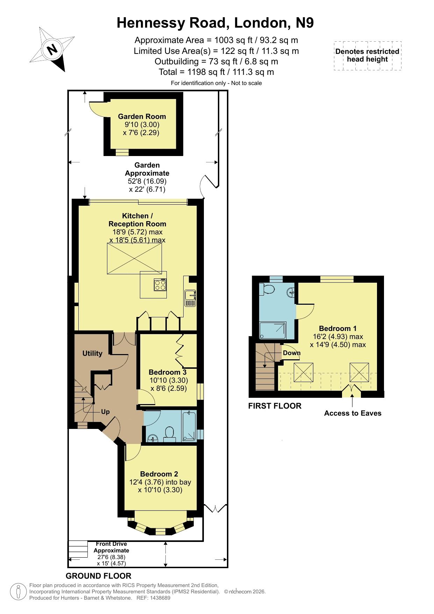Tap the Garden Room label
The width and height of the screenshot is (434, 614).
142,117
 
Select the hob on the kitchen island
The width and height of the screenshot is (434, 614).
160,285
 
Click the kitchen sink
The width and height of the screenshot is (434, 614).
191,298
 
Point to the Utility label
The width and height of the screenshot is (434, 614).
92,353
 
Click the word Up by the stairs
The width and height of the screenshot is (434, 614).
105,412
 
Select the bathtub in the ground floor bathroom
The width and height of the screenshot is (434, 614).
189,426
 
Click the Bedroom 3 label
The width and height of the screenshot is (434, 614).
168,372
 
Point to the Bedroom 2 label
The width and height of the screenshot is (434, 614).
159,474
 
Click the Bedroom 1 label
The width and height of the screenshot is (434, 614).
338,329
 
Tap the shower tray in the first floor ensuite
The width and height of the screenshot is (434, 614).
273,331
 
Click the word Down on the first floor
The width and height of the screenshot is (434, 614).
292,353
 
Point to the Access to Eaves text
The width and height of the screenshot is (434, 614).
353,413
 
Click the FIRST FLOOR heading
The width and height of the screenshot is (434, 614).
275,406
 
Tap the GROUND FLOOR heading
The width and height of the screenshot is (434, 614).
99,576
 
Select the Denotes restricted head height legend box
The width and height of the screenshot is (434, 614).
368,56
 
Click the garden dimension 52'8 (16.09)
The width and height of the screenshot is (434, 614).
147,181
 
